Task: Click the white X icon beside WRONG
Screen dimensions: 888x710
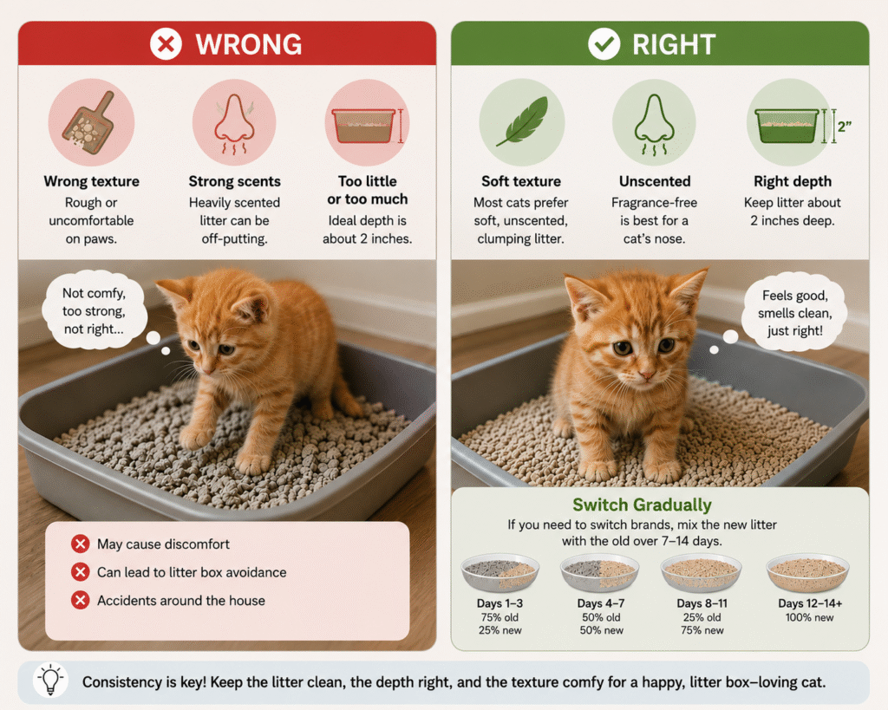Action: pos(166,43)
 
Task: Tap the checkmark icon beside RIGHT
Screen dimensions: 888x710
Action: pos(604,43)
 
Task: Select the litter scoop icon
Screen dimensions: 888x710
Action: pos(90,123)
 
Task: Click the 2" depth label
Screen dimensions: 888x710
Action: pos(845,127)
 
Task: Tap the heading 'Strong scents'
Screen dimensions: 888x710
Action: pos(234,181)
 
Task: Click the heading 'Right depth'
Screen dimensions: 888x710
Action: pos(793,181)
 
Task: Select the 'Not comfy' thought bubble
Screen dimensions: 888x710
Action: pos(94,310)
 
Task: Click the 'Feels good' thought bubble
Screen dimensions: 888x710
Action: pos(794,313)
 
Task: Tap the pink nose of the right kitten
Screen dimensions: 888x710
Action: pos(644,375)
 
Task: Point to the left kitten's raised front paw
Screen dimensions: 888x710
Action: pos(196,435)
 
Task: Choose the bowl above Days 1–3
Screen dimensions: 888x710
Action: pos(499,572)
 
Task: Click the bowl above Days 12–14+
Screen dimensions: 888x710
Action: pos(807,573)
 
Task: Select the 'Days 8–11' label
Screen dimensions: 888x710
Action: pos(702,603)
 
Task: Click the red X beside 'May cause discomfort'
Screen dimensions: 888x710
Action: pos(81,544)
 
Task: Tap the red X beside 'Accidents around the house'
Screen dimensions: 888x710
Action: pos(81,600)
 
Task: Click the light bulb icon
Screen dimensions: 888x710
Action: pos(50,680)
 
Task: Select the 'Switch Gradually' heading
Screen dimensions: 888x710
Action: pos(642,505)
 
